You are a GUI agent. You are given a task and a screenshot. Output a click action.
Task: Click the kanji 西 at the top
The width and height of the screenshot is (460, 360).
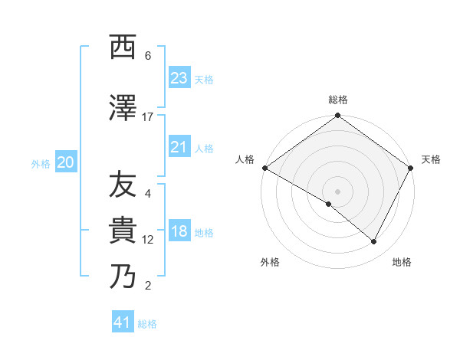pyautogui.click(x=123, y=48)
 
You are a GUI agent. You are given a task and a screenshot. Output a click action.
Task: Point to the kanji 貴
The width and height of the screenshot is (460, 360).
pyautogui.click(x=123, y=231)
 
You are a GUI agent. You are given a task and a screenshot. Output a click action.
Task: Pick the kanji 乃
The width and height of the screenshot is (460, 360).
pyautogui.click(x=123, y=277)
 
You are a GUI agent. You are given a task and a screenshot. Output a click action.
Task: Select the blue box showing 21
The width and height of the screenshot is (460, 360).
pyautogui.click(x=179, y=147)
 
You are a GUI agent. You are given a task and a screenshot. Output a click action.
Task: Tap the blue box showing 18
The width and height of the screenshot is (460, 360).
pyautogui.click(x=179, y=232)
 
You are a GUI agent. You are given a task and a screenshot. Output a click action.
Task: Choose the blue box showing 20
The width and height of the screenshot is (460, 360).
pyautogui.click(x=66, y=162)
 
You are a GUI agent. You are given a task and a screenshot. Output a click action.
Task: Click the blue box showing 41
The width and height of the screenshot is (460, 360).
pyautogui.click(x=123, y=322)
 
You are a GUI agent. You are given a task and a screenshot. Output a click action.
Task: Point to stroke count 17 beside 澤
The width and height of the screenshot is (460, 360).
pyautogui.click(x=148, y=117)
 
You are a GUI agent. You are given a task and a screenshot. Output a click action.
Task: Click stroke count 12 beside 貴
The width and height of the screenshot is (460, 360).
pyautogui.click(x=148, y=240)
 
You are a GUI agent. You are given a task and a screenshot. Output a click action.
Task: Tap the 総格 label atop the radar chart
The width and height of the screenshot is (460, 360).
pyautogui.click(x=338, y=100)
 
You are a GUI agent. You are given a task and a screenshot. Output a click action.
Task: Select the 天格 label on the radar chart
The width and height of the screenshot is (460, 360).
pyautogui.click(x=431, y=159)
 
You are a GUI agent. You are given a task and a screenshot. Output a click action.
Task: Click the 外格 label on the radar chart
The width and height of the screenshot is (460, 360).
pyautogui.click(x=270, y=262)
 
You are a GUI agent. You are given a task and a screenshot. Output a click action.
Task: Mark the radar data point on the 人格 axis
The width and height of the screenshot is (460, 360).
pyautogui.click(x=264, y=168)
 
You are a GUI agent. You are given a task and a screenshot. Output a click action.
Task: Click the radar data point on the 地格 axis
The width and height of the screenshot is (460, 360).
pyautogui.click(x=374, y=241)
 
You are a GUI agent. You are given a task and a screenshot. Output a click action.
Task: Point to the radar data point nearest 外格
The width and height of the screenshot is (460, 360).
pyautogui.click(x=329, y=205)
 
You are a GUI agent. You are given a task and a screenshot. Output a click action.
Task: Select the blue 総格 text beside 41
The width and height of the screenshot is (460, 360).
pyautogui.click(x=147, y=324)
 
